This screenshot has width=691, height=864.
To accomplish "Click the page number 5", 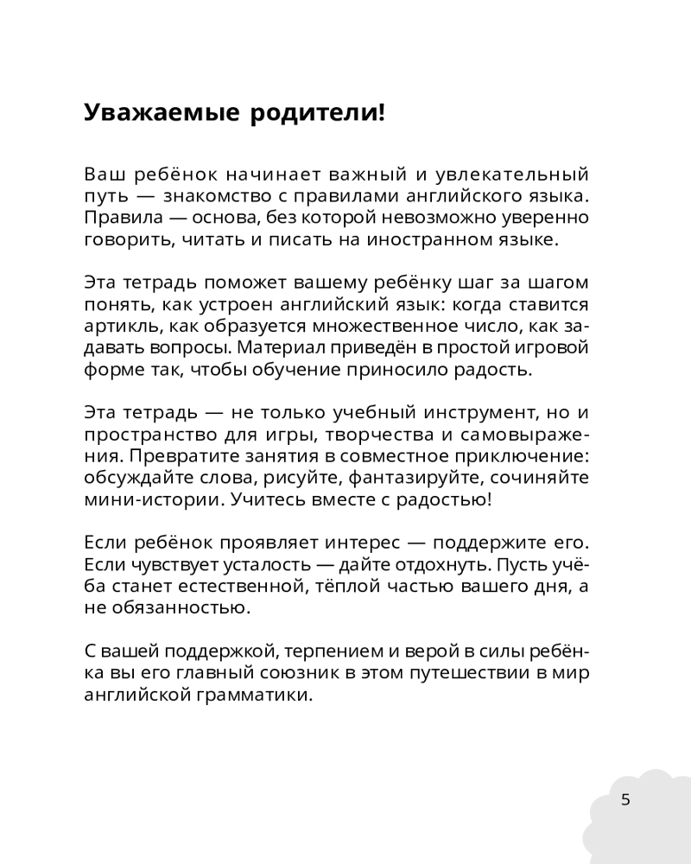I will click(x=625, y=799).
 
